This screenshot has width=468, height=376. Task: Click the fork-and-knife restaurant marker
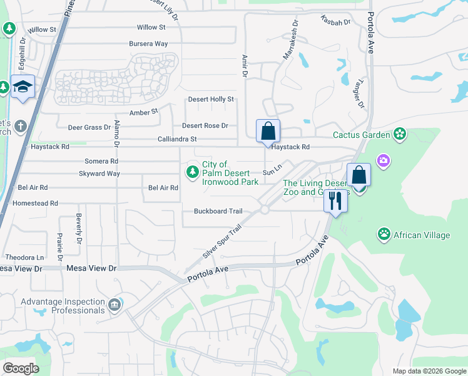335,201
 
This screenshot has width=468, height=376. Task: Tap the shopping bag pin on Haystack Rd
268,132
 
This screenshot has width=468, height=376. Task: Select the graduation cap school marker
23,87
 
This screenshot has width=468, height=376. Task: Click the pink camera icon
383,161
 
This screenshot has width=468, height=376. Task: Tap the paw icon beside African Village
384,235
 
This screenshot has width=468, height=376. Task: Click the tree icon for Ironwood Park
192,171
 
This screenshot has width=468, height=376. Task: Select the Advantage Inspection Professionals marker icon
114,305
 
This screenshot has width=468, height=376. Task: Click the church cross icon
21,127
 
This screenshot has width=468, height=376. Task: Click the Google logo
21,368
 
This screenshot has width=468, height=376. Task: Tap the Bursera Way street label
148,44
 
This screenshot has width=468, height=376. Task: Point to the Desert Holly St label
211,99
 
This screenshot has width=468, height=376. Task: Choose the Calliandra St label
176,139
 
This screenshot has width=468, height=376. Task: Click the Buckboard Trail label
218,211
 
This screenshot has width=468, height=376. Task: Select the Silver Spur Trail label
221,243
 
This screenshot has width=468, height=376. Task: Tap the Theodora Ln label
25,258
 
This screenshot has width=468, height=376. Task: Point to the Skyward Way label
99,174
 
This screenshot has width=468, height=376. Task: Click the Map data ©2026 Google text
429,371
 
